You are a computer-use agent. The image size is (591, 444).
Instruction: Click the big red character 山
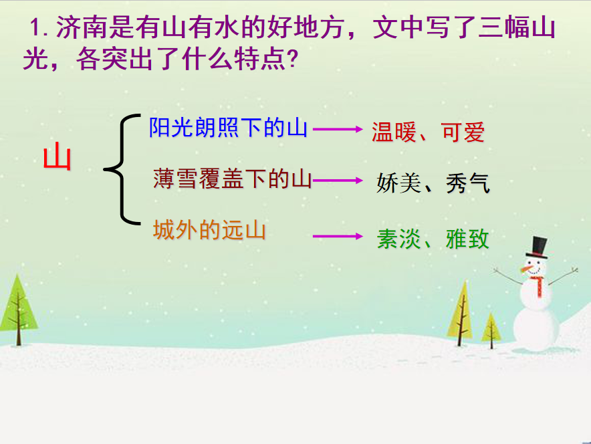57,156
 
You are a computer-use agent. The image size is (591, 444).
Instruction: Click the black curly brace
122,169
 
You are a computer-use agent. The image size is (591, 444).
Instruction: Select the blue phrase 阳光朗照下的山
228,128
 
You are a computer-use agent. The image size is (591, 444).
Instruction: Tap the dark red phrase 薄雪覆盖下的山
233,179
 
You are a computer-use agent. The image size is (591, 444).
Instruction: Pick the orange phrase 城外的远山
209,229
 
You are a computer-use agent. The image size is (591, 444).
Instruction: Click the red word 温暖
394,132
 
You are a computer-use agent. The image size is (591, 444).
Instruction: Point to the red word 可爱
463,132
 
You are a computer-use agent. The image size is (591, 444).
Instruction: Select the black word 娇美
398,183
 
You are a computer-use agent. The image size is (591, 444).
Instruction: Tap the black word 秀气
468,183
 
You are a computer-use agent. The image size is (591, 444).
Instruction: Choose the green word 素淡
398,239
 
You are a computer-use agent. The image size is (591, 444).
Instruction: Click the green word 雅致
467,239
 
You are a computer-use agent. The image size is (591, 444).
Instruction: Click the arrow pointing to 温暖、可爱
338,129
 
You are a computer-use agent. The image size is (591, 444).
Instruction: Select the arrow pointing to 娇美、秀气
338,181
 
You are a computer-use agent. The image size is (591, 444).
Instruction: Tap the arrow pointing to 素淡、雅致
338,236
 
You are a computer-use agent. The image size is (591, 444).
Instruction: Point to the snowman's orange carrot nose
527,269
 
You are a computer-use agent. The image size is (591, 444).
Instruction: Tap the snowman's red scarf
538,286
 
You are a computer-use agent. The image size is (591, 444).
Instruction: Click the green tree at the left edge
17,310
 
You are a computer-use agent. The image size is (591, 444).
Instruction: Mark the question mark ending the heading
292,59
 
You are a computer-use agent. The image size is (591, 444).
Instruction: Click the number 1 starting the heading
35,28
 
